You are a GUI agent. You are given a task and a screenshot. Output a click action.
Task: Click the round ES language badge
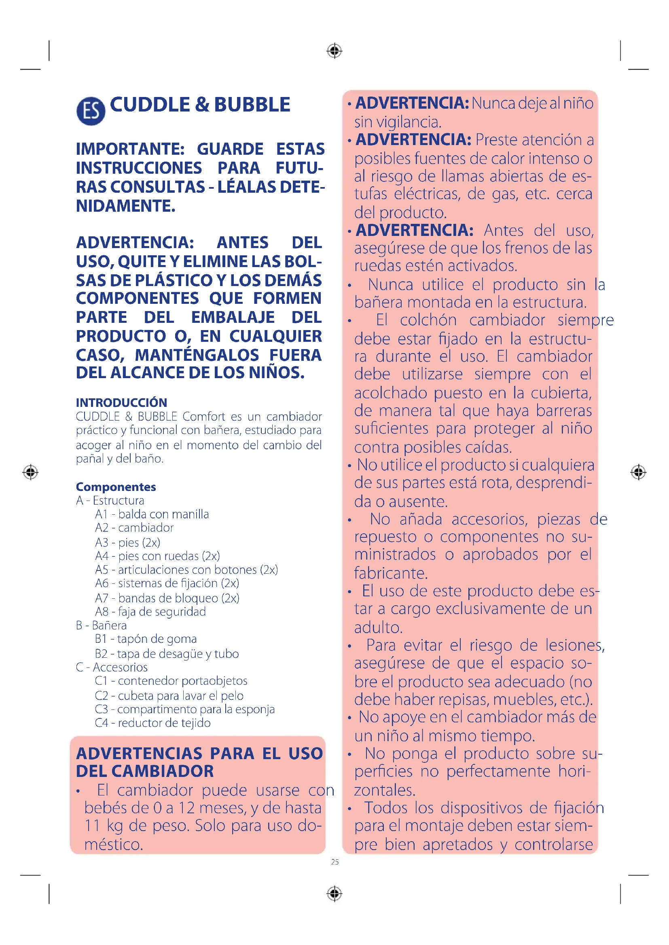tap(91, 111)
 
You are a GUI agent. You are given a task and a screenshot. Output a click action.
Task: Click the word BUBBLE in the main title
tap(252, 105)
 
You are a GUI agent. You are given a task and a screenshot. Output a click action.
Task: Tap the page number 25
tap(334, 862)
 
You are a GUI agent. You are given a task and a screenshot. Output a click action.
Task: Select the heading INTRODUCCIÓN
tap(121, 402)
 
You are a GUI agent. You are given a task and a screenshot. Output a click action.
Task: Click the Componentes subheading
tap(116, 486)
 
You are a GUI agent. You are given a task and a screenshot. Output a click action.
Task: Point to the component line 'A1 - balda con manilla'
tap(152, 514)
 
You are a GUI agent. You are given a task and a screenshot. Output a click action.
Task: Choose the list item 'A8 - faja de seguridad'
tap(150, 612)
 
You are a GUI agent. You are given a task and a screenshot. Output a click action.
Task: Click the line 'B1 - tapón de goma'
tap(146, 639)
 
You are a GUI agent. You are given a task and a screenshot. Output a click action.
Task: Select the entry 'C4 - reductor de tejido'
tap(152, 723)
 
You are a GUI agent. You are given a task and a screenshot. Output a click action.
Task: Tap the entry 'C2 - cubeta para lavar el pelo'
tap(169, 696)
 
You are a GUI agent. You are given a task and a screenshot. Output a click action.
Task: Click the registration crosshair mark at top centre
tap(334, 51)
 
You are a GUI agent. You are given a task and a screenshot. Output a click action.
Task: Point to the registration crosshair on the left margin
tap(30, 471)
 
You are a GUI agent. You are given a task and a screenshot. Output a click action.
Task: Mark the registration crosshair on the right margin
tap(638, 471)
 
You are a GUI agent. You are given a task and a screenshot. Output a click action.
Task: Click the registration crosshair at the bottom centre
tap(334, 894)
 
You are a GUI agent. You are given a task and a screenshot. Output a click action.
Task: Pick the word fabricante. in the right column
tap(391, 573)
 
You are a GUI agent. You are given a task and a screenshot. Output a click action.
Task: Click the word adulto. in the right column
tap(378, 627)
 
